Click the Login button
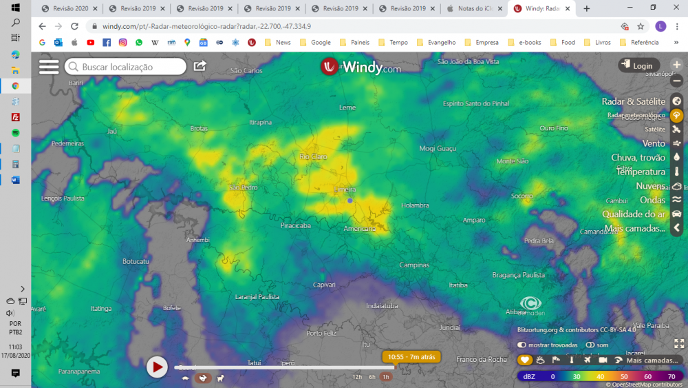pyautogui.click(x=636, y=65)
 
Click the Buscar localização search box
pyautogui.click(x=125, y=67)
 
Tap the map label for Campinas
pyautogui.click(x=414, y=265)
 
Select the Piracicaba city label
pyautogui.click(x=296, y=225)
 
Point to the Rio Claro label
pyautogui.click(x=314, y=156)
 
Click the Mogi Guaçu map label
pyautogui.click(x=438, y=148)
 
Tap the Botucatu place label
pyautogui.click(x=136, y=261)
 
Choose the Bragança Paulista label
pyautogui.click(x=518, y=274)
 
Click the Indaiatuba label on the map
pyautogui.click(x=382, y=305)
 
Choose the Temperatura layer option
pyautogui.click(x=641, y=172)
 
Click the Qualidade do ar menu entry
pyautogui.click(x=634, y=214)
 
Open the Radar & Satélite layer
pyautogui.click(x=634, y=101)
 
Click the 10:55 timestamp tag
pyautogui.click(x=411, y=357)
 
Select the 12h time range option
pyautogui.click(x=357, y=377)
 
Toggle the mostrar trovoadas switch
pyautogui.click(x=522, y=345)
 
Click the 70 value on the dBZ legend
pyautogui.click(x=671, y=377)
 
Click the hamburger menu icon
pyautogui.click(x=49, y=66)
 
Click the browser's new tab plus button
pyautogui.click(x=586, y=8)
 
